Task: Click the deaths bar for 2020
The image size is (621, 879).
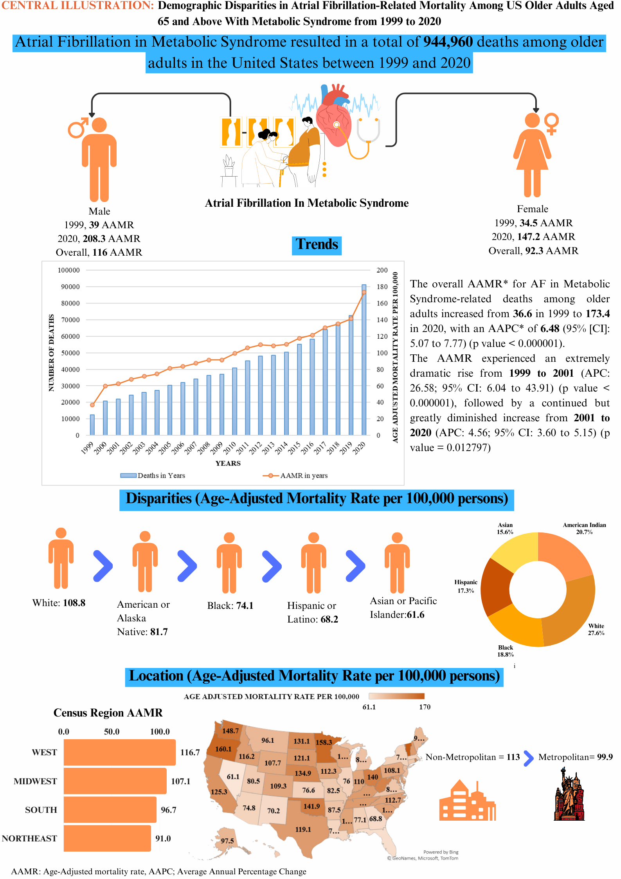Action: pos(364,360)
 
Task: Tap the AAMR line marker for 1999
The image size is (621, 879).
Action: pos(92,405)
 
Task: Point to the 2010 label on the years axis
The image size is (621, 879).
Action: pos(230,448)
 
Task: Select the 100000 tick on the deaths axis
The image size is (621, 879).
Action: pos(69,270)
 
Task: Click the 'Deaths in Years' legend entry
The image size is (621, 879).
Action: pos(153,475)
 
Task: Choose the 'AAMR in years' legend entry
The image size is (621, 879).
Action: pos(295,475)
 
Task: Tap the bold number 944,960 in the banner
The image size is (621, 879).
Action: pos(448,42)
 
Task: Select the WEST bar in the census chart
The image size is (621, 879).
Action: pos(119,752)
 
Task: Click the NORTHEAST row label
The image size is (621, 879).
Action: pos(30,838)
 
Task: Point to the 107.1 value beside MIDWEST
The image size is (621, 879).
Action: pos(181,781)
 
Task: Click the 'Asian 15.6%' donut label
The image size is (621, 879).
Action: pos(505,529)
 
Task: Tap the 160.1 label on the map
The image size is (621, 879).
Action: pos(223,749)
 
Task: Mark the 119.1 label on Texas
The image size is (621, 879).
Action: pos(303,829)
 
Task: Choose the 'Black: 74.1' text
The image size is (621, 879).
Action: pos(230,606)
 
